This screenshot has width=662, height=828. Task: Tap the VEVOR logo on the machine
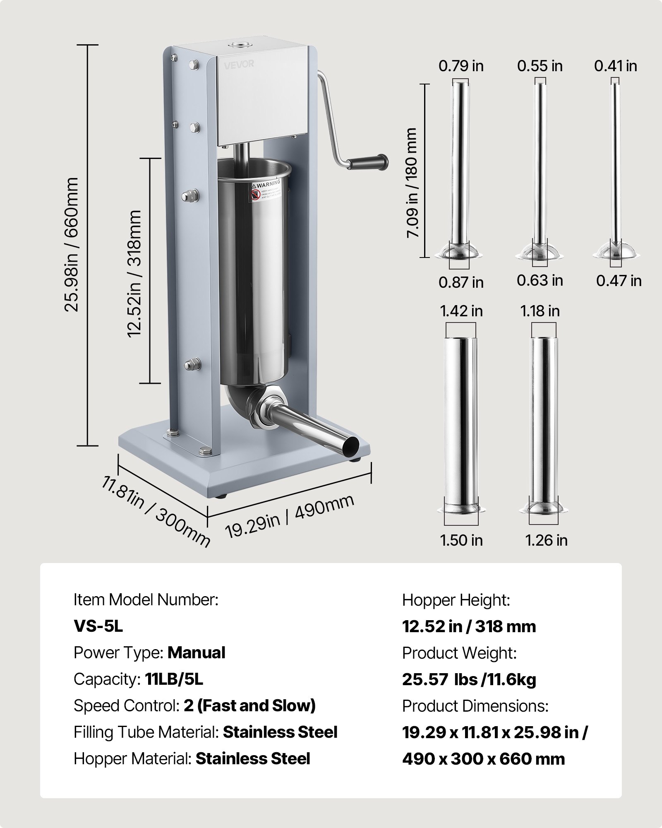[x=239, y=65]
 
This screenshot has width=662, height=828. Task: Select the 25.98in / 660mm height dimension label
[x=72, y=244]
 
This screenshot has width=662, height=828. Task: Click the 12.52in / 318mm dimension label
[x=134, y=273]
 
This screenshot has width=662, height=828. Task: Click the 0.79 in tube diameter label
[x=461, y=66]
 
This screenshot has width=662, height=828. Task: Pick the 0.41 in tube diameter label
[x=616, y=66]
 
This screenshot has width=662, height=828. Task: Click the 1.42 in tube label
[x=461, y=311]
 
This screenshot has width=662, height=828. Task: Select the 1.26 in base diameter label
[x=546, y=540]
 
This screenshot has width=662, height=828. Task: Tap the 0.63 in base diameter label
[x=540, y=281]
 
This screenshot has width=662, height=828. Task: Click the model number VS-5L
[x=98, y=626]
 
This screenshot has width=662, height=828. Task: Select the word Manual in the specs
[x=196, y=653]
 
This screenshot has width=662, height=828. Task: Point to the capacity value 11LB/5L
[x=174, y=679]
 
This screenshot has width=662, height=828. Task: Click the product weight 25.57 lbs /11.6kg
[x=469, y=680]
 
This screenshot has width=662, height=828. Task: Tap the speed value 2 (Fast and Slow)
[x=249, y=706]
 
